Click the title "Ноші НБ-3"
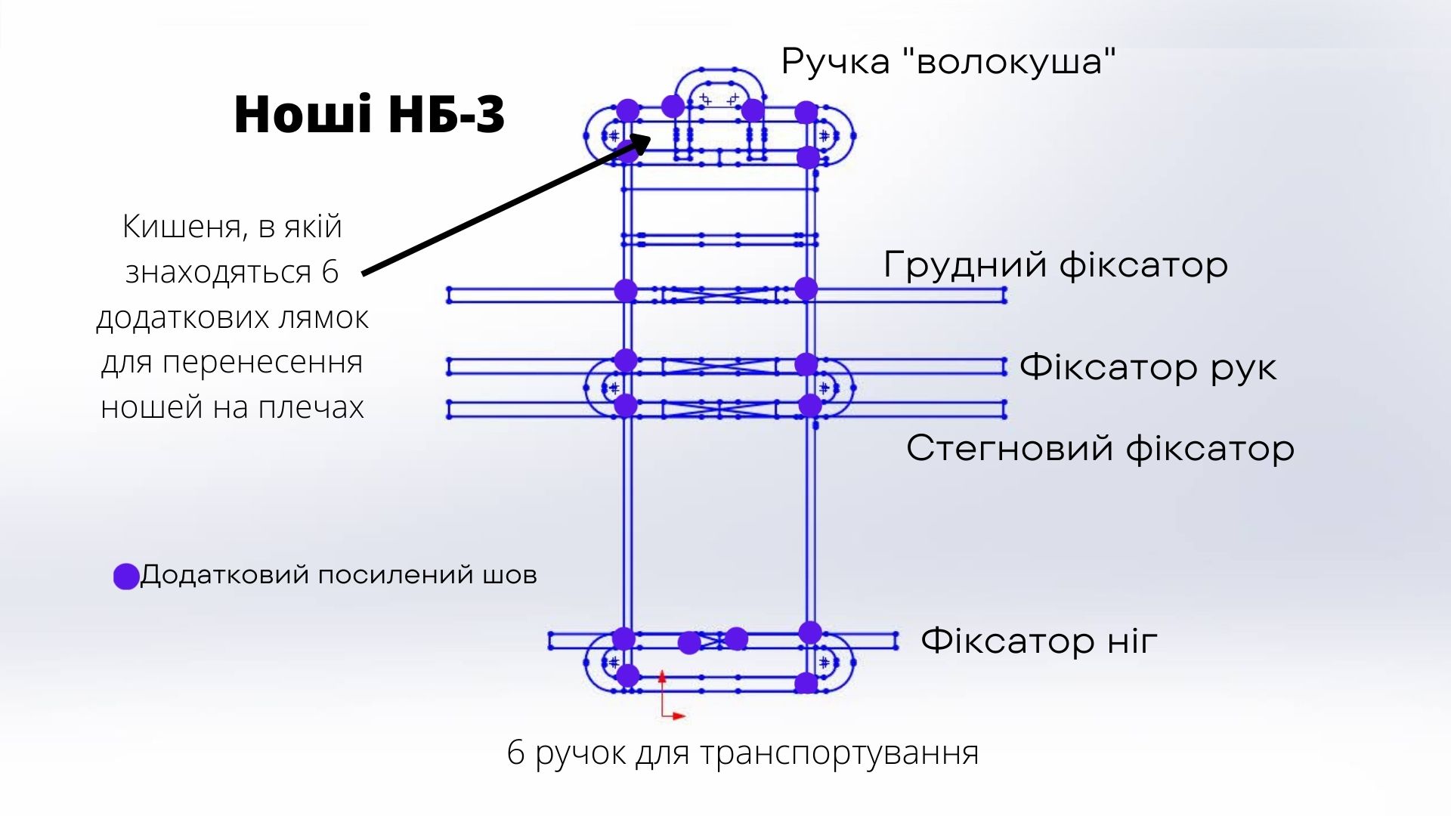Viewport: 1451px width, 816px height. coord(370,115)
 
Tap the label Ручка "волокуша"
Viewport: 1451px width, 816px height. coord(948,61)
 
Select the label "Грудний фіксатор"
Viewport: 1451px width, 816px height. coord(1056,265)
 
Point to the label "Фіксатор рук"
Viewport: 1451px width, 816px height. coord(1148,367)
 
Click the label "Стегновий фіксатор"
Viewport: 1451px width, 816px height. coord(1100,448)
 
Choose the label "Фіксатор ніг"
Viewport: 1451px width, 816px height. coord(1039,641)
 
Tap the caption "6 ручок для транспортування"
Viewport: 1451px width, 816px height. coord(743,753)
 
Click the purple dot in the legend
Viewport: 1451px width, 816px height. coord(126,576)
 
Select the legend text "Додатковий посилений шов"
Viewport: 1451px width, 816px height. coord(339,575)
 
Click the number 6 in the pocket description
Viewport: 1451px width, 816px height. coord(329,272)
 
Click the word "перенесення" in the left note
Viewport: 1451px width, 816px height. coord(262,363)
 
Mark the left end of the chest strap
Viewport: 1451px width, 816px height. coord(449,295)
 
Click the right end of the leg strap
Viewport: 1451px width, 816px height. coord(896,641)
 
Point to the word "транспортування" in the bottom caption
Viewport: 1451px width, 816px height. coord(840,753)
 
